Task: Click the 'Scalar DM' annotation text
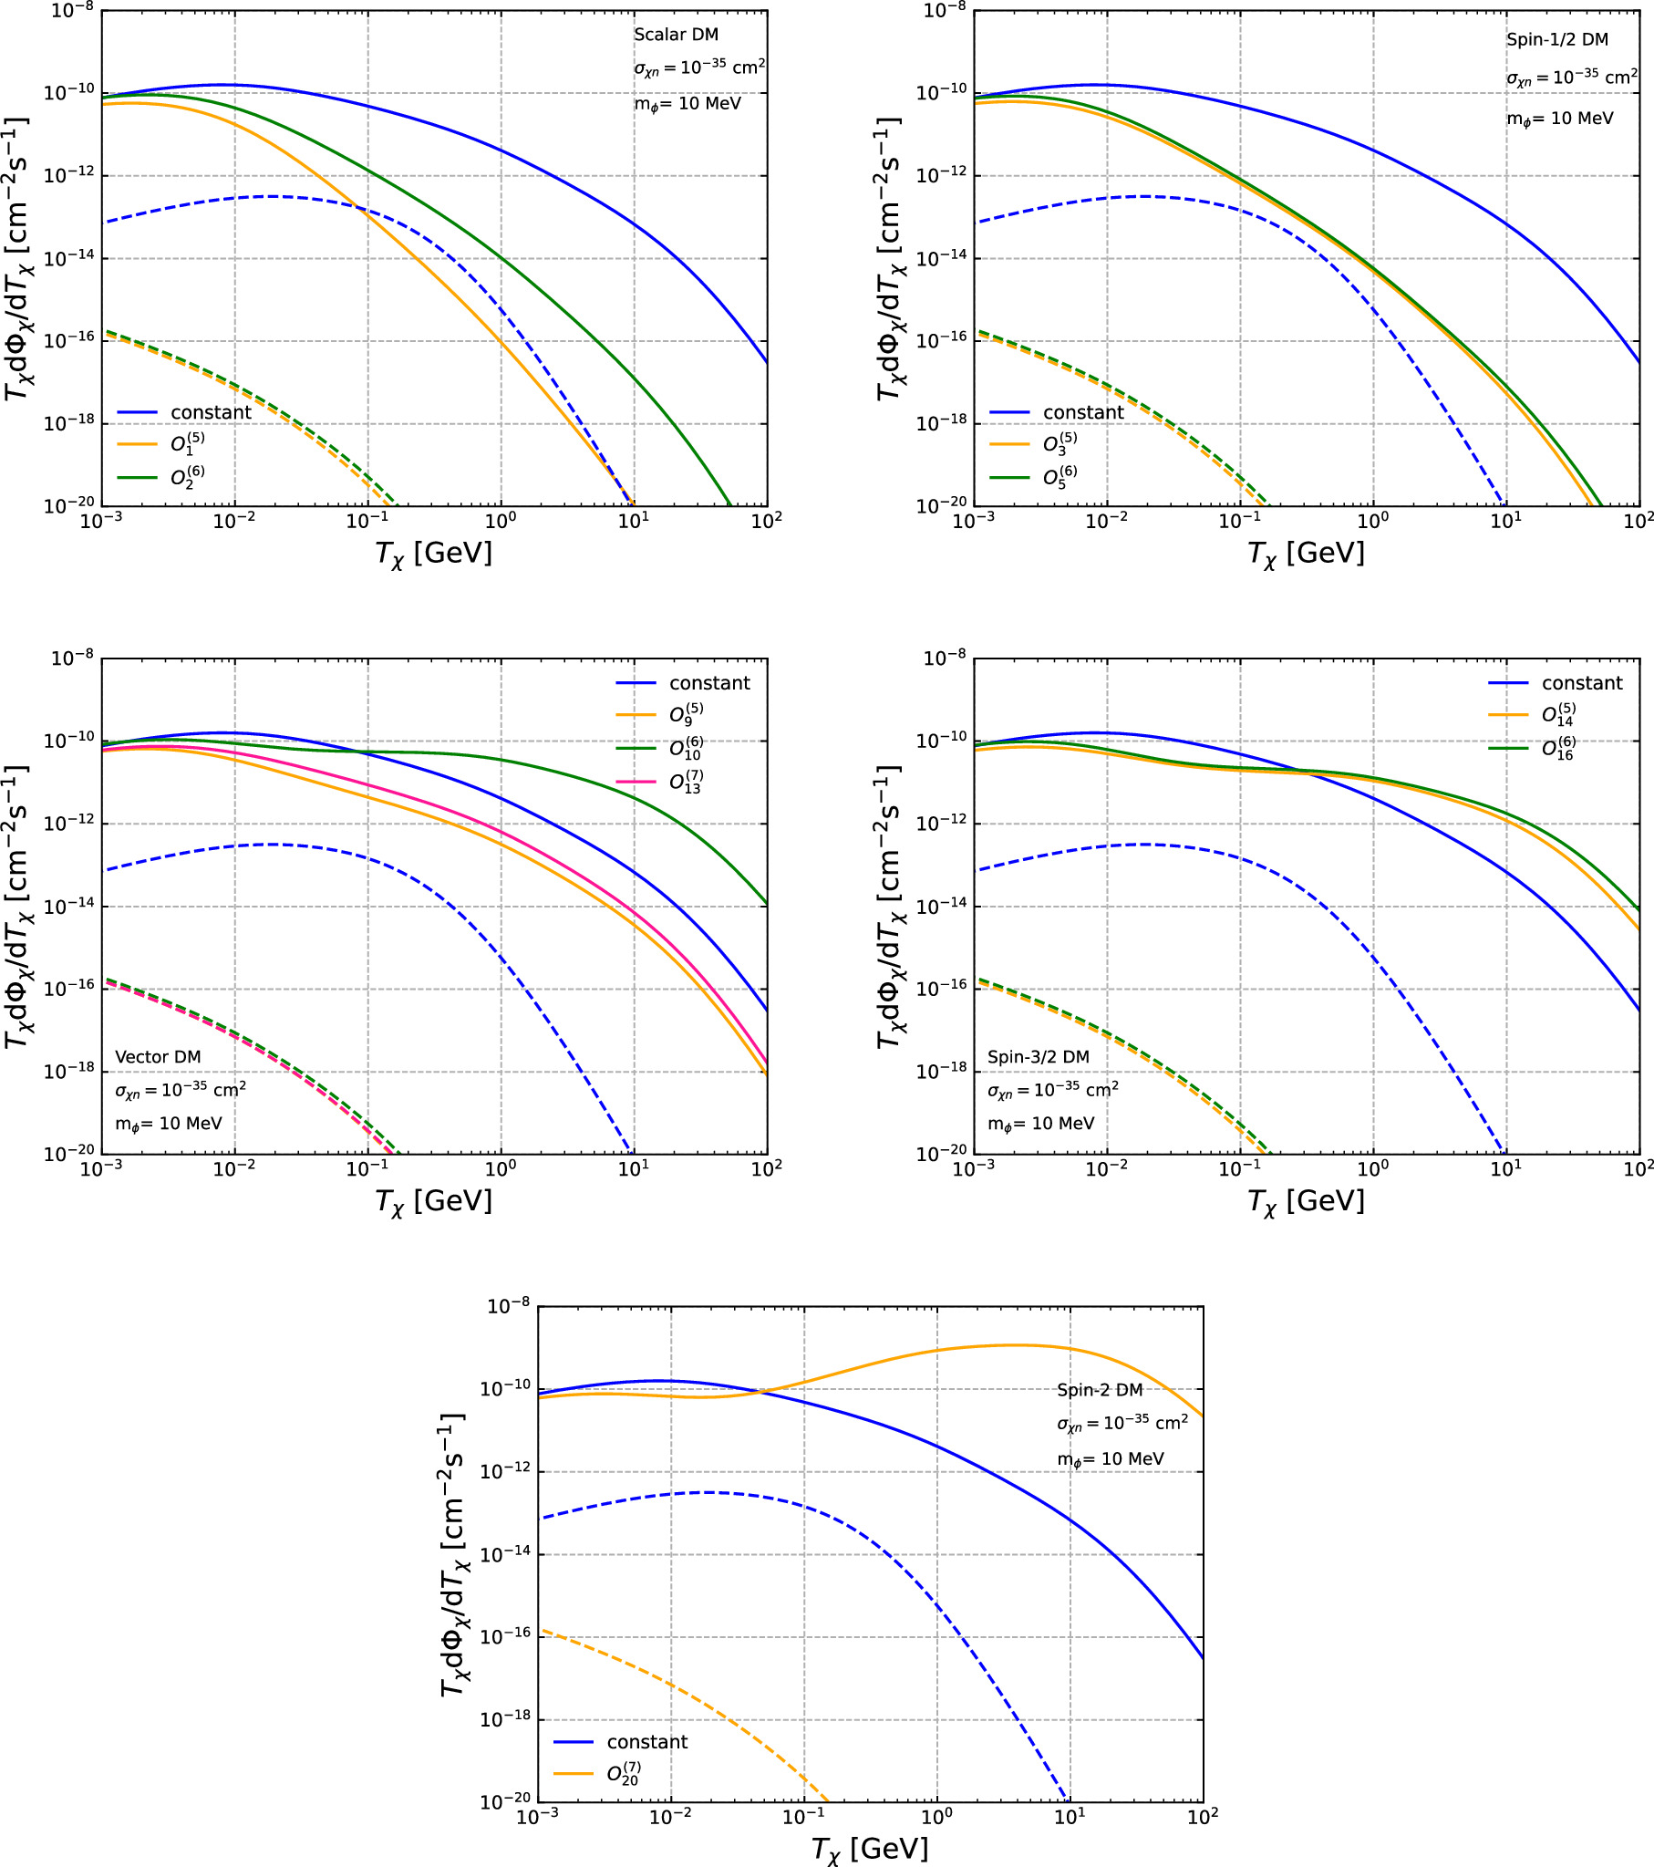click(676, 35)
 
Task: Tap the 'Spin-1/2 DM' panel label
click(1557, 40)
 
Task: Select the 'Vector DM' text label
click(158, 1057)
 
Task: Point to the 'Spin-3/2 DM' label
click(1039, 1057)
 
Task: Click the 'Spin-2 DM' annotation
click(1100, 1390)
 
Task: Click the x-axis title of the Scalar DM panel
click(434, 554)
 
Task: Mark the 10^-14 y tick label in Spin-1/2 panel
click(942, 258)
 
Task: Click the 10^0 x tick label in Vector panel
click(501, 1168)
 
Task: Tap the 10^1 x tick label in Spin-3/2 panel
click(1506, 1168)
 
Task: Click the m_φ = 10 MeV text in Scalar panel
click(687, 103)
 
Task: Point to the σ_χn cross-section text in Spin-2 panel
click(1122, 1424)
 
